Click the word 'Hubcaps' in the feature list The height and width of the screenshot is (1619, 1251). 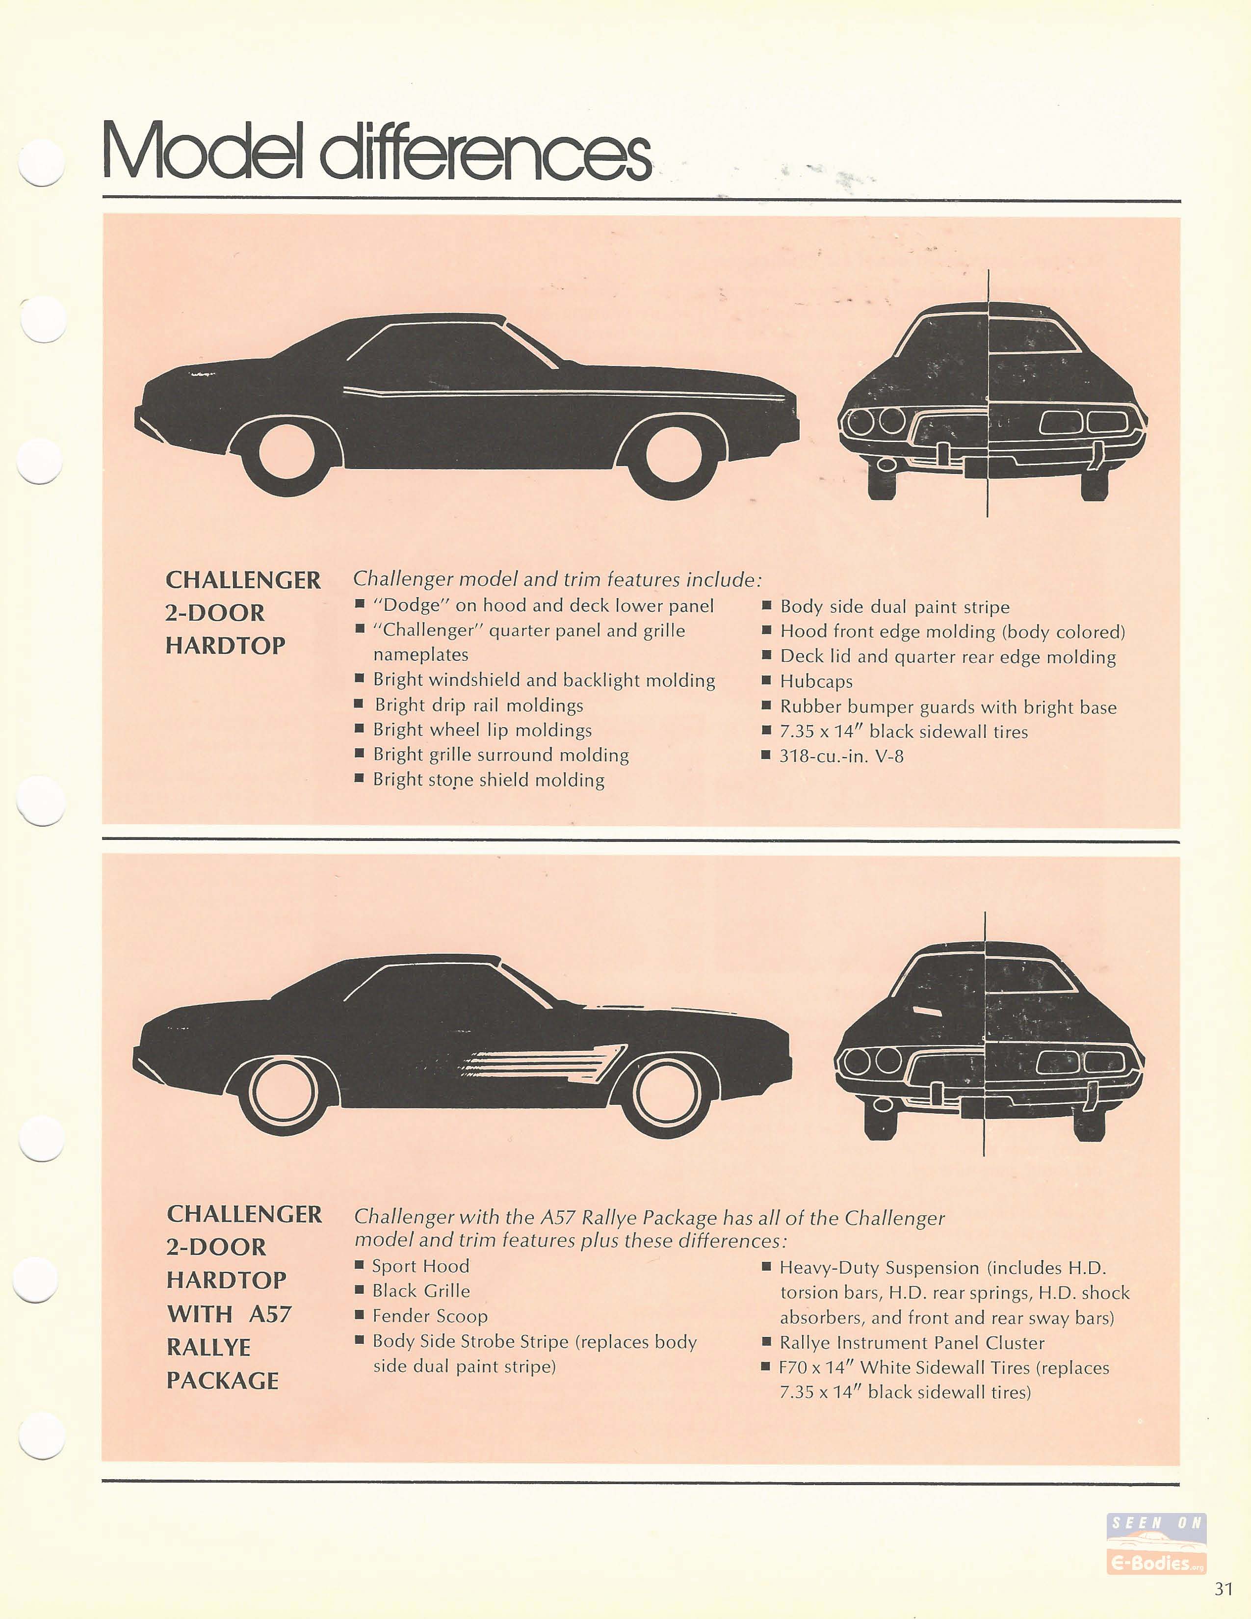point(816,681)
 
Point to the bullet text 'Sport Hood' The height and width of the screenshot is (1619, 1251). point(420,1266)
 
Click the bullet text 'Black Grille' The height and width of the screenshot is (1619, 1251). point(421,1291)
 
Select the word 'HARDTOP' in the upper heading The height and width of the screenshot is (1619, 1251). point(225,646)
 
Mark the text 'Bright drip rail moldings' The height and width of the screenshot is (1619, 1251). point(479,705)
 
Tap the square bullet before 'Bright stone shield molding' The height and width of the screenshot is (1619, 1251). point(360,779)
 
